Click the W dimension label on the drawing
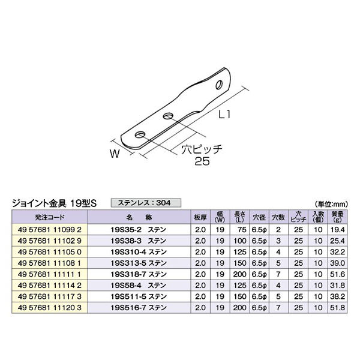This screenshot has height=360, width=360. pos(115,153)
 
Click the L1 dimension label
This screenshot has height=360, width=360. pos(224,115)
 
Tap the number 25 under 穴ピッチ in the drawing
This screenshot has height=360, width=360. pos(202,161)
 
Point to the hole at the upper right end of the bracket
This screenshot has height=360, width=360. pos(219,85)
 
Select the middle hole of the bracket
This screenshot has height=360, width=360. pos(169,116)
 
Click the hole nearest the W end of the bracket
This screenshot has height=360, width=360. pos(140,135)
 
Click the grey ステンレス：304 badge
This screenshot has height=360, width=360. pos(146,203)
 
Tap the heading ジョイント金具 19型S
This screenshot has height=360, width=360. pos(55,203)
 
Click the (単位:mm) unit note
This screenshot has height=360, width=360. pos(332,204)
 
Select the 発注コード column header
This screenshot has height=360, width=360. pos(50,217)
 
